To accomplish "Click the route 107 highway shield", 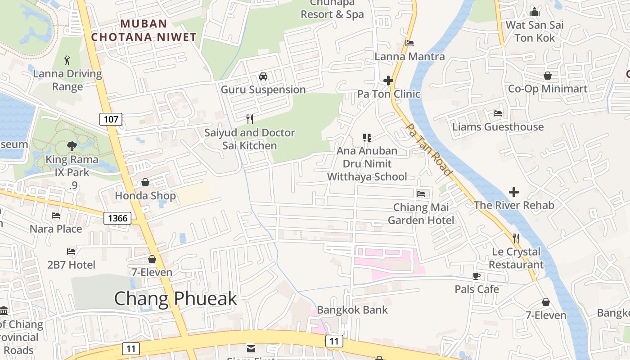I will [111, 119].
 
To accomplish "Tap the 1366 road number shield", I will [118, 219].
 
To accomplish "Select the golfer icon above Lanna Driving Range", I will [67, 60].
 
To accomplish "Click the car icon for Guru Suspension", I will [263, 76].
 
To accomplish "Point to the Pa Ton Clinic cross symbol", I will [388, 81].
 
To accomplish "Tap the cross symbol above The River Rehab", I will [513, 192].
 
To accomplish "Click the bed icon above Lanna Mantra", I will [409, 43].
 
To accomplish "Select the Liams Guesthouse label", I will [498, 127].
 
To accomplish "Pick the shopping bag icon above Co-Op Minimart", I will [548, 76].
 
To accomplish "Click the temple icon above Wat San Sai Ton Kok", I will [535, 12].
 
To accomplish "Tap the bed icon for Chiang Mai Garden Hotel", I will [421, 194].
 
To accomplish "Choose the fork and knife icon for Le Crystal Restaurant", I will [516, 238].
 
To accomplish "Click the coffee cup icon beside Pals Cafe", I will [477, 276].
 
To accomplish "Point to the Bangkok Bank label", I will [352, 310].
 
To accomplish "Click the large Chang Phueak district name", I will [175, 298].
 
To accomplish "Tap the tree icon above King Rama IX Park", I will [72, 146].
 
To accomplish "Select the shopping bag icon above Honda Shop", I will [145, 182].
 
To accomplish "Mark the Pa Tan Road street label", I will [428, 149].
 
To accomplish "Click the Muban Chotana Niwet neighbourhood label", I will [144, 30].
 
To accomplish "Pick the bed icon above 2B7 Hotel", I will [71, 251].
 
